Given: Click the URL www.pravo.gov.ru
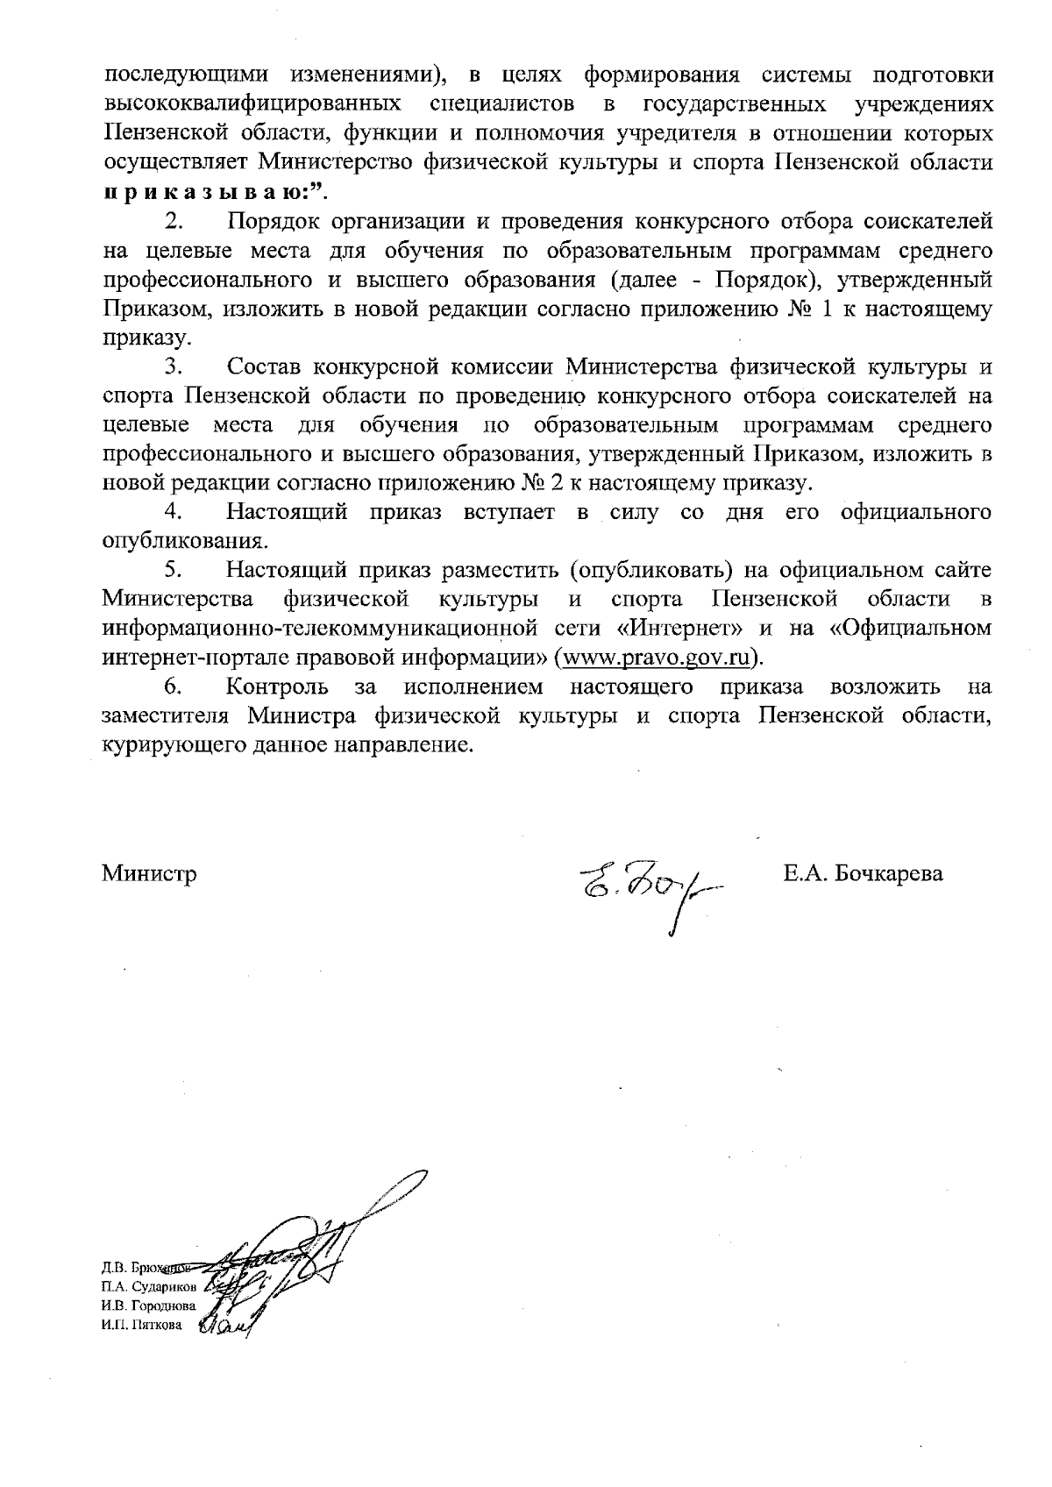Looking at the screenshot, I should click(x=657, y=658).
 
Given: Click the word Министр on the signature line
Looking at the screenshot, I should click(x=149, y=873).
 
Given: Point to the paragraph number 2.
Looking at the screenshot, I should click(x=173, y=222).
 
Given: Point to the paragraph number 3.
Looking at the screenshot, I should click(x=173, y=366).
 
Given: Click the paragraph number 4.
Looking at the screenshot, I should click(x=173, y=512).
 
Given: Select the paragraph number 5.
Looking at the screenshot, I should click(x=173, y=570).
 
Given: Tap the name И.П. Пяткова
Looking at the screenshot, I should click(x=142, y=1326).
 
